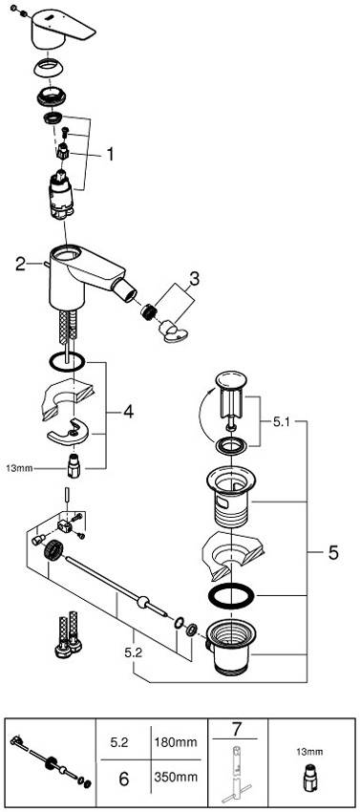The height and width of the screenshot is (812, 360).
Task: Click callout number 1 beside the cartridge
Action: (x=110, y=155)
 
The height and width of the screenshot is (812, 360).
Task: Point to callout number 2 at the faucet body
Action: (x=20, y=264)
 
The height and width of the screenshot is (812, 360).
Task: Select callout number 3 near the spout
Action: (x=193, y=279)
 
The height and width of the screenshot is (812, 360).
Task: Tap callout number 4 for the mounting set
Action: (x=128, y=413)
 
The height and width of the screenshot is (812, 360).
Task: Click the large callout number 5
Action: (x=333, y=553)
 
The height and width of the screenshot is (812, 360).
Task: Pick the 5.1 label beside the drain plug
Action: (x=284, y=421)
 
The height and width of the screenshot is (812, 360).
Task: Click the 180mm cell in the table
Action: (x=176, y=742)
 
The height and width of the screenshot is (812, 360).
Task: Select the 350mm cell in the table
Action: (x=176, y=777)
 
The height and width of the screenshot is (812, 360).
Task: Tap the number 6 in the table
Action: (x=123, y=778)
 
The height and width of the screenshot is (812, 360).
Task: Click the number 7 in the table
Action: (x=237, y=730)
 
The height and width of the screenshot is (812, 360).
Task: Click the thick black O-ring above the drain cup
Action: (x=230, y=598)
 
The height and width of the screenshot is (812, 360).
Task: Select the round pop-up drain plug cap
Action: (x=231, y=379)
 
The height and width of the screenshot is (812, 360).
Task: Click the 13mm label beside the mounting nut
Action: (x=19, y=469)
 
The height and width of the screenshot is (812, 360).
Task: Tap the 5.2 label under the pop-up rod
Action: (x=133, y=653)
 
